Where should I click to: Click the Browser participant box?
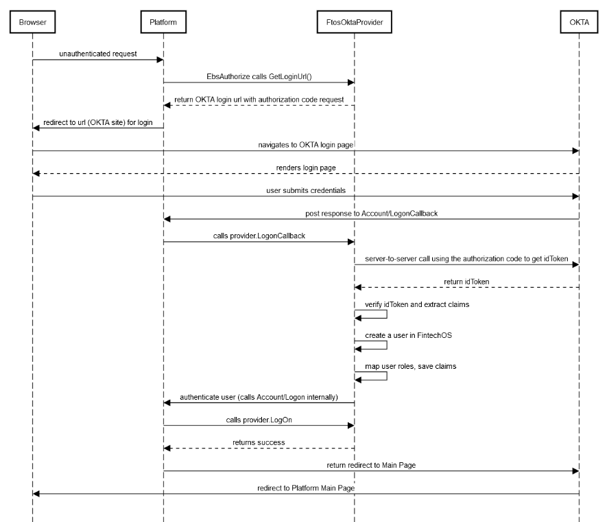pos(32,23)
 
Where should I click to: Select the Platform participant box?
pos(163,23)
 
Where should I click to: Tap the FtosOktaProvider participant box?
pos(355,23)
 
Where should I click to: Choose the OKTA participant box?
pos(579,23)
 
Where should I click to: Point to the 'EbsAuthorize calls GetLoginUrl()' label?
pos(259,76)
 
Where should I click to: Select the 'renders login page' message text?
pos(306,167)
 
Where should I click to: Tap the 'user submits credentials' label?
pos(306,190)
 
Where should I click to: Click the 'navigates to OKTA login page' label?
pos(306,144)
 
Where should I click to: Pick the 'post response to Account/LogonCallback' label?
pos(371,213)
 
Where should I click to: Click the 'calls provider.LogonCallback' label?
pos(259,236)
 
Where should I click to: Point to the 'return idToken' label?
pos(466,280)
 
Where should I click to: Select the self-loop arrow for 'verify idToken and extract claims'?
pos(386,315)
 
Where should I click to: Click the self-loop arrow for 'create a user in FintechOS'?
pos(386,345)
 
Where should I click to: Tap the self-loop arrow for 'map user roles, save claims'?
pos(386,376)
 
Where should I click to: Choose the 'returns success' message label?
pos(259,442)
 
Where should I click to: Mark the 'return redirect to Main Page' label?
pos(371,464)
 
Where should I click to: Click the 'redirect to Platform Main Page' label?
pos(306,487)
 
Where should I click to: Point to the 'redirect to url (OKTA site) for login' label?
pos(97,122)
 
